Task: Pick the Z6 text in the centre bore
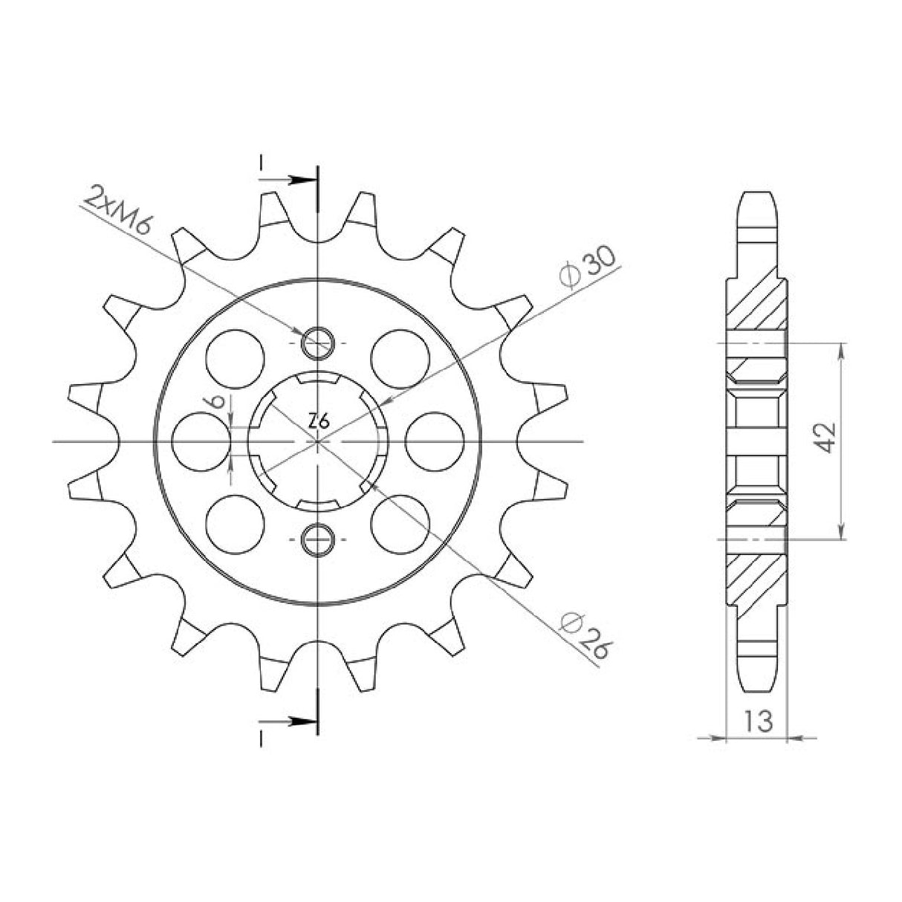[319, 422]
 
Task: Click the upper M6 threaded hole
[318, 343]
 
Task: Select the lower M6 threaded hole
[318, 539]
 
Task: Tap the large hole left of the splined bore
[202, 441]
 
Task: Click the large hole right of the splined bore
[435, 441]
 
